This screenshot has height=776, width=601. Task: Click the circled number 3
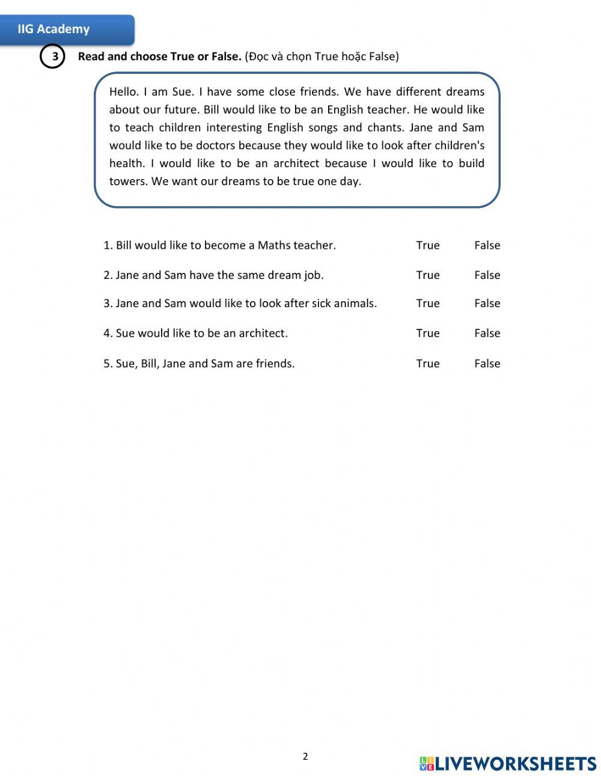pos(52,57)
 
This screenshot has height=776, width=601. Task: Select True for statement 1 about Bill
pos(427,245)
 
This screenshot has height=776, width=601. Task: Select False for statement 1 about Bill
pos(487,245)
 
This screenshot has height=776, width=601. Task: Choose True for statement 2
pos(427,275)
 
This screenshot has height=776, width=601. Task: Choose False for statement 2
pos(487,275)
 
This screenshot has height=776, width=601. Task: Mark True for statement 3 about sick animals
pos(427,304)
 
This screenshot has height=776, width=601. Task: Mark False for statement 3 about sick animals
pos(487,304)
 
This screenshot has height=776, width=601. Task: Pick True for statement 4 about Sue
pos(427,334)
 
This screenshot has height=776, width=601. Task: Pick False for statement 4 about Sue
pos(487,334)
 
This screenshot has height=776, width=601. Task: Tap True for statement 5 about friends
pos(427,364)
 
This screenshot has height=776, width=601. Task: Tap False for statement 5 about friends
pos(487,364)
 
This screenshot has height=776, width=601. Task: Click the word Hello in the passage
pos(124,92)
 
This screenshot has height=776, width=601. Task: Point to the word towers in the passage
pos(127,182)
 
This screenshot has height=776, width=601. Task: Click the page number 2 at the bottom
pos(305,756)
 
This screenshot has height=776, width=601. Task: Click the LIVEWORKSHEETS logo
pos(508,763)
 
